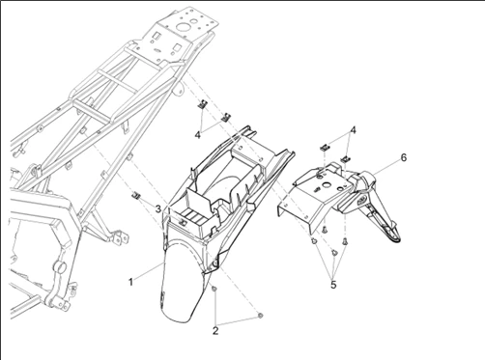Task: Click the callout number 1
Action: [x=130, y=282]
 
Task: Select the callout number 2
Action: [x=215, y=330]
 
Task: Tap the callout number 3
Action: [x=157, y=209]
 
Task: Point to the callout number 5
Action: [x=333, y=285]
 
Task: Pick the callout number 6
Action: [x=404, y=157]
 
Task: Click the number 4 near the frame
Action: [x=198, y=135]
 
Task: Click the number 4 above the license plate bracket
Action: [x=354, y=130]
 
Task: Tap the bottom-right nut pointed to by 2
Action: [x=261, y=316]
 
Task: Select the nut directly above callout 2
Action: [x=214, y=290]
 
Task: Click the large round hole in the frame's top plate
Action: [x=184, y=27]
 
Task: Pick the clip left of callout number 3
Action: [x=136, y=195]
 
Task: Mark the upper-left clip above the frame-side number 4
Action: [x=203, y=104]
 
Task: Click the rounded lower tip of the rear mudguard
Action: [x=177, y=319]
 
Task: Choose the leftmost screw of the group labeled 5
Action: [x=313, y=240]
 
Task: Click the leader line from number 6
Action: [x=385, y=167]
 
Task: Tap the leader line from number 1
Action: [x=149, y=270]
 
